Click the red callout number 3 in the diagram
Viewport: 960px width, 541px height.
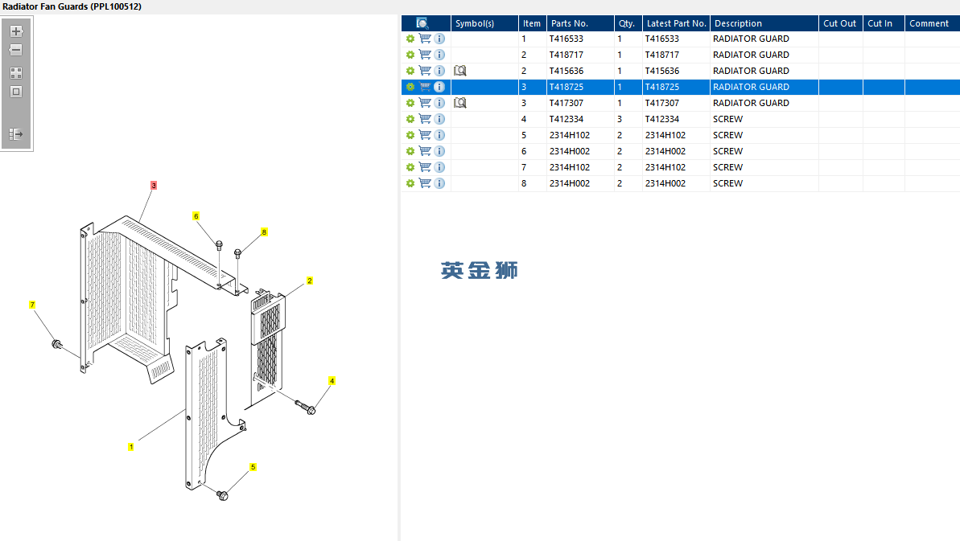(x=154, y=185)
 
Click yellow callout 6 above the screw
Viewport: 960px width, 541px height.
(x=196, y=215)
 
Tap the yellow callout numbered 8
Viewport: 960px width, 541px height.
(x=264, y=232)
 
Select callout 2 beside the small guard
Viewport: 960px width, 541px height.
(x=310, y=281)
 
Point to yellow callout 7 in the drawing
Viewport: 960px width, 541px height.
(x=32, y=305)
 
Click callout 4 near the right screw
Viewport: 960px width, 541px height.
(x=332, y=380)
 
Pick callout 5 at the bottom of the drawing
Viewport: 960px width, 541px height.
(x=253, y=466)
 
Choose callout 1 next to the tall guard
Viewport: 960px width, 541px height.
(x=131, y=446)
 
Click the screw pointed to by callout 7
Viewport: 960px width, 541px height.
(x=57, y=345)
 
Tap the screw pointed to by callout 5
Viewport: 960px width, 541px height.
(x=224, y=495)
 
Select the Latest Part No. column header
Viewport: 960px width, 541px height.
(x=676, y=23)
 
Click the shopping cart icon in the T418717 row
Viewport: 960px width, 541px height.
(x=425, y=55)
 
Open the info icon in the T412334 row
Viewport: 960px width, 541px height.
(x=439, y=119)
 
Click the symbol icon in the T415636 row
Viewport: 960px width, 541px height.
(x=460, y=71)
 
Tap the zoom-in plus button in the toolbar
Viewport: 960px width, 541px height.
(x=16, y=31)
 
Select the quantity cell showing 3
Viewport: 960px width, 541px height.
(x=620, y=119)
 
